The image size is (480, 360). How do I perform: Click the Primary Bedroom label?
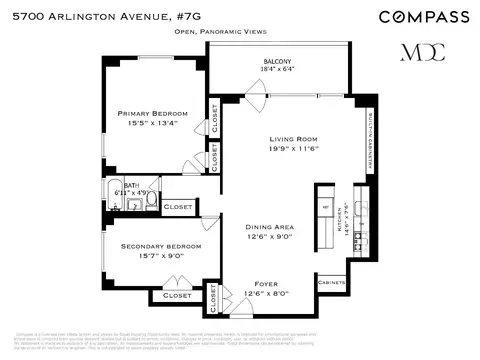pos(151,113)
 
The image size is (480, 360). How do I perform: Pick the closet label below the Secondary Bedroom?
pos(176,295)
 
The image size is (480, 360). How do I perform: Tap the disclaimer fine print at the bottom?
pos(240,339)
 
